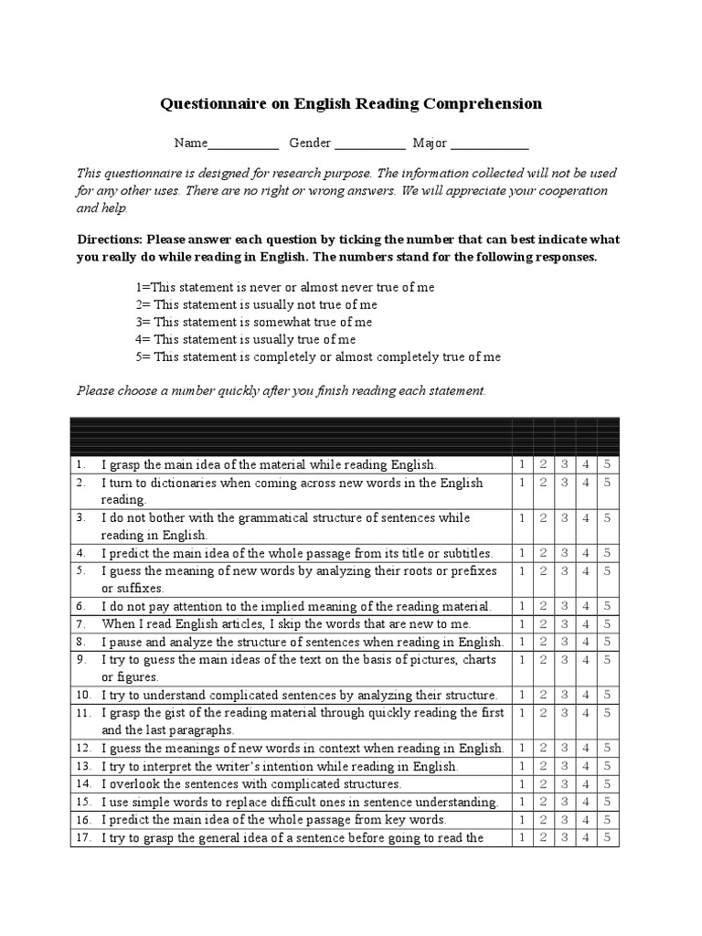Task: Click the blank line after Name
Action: (243, 144)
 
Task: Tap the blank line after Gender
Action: (369, 144)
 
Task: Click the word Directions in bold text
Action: (110, 240)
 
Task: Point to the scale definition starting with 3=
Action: (254, 322)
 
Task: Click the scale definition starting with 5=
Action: (318, 356)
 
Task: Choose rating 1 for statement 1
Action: (522, 465)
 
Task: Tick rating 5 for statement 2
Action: (608, 483)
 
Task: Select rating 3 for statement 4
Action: (565, 553)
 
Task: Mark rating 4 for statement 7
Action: (587, 623)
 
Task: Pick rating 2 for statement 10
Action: (543, 695)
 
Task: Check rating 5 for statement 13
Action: (608, 766)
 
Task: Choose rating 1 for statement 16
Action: (522, 819)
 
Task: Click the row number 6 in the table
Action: (80, 606)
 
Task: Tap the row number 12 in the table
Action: (83, 749)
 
